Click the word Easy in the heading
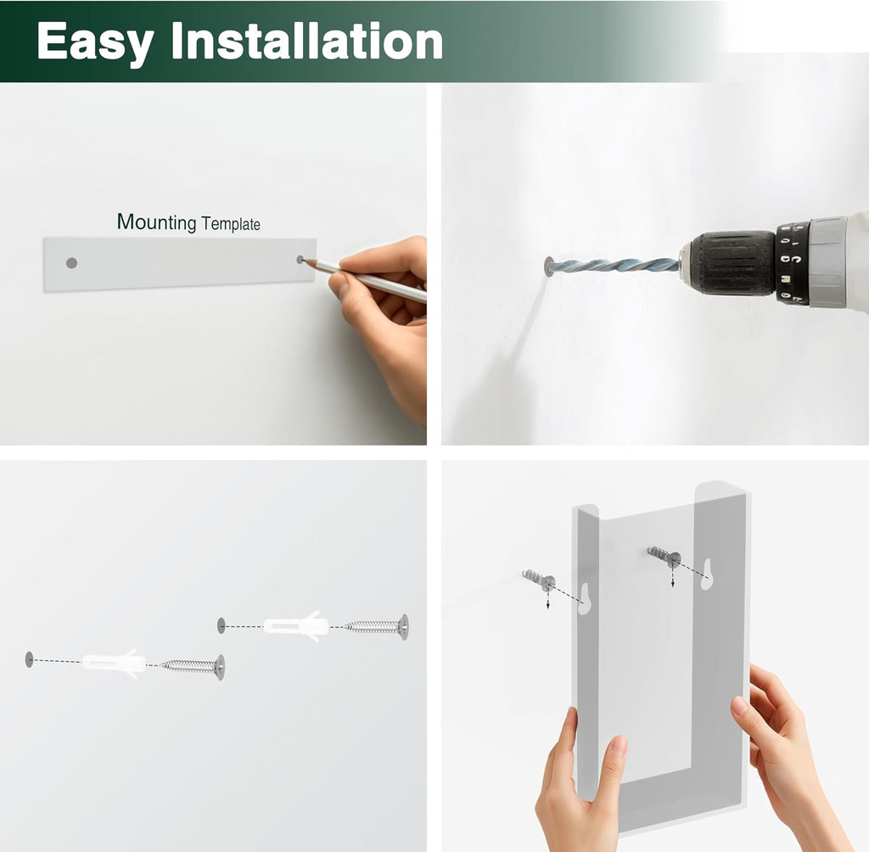click(95, 42)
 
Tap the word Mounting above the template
click(156, 221)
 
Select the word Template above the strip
click(231, 224)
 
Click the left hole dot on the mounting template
click(71, 263)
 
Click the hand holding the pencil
click(381, 322)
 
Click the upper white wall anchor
click(294, 625)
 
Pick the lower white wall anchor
click(114, 663)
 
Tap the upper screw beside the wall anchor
click(378, 627)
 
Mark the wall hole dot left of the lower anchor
click(30, 659)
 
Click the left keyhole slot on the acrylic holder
click(584, 599)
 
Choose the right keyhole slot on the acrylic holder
click(706, 575)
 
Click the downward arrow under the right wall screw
click(673, 576)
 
